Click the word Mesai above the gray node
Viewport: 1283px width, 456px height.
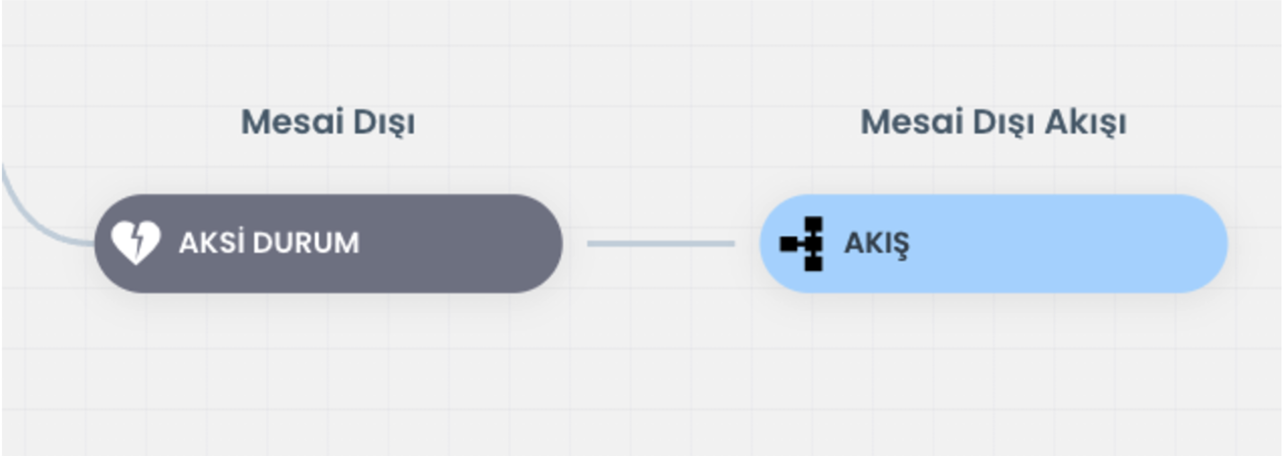292,121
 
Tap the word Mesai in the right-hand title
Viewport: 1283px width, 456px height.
912,121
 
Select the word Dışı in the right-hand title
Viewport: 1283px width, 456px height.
1004,123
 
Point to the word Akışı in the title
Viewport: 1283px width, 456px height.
1086,123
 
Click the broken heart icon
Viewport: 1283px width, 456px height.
135,242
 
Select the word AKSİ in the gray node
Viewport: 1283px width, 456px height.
210,242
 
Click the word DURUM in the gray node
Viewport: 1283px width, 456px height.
306,243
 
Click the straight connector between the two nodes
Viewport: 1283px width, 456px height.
661,244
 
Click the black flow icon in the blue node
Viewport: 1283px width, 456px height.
802,244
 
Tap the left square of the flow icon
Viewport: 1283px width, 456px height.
789,244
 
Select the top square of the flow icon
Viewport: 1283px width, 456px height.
814,225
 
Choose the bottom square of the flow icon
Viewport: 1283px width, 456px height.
814,263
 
